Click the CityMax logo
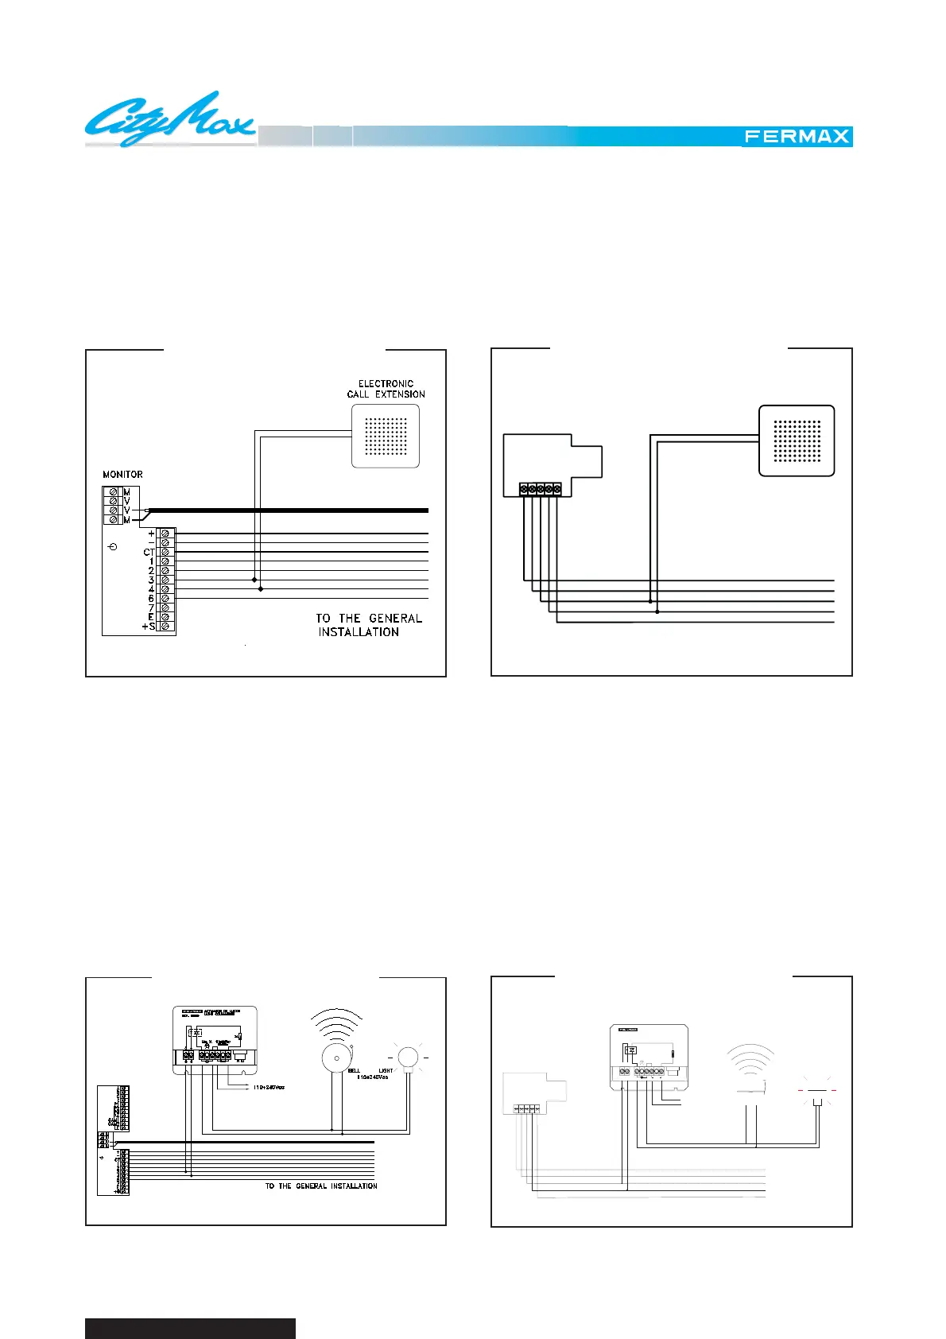[x=169, y=120]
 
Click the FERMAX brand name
[x=797, y=137]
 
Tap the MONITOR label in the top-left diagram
[x=122, y=475]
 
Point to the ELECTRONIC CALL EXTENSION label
[x=386, y=389]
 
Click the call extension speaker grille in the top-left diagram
[x=386, y=437]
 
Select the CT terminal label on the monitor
[x=149, y=552]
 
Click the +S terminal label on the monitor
[x=149, y=627]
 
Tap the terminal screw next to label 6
[x=165, y=599]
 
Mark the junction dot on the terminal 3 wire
[x=254, y=580]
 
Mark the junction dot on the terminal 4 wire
[x=261, y=589]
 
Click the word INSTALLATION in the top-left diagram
[x=359, y=632]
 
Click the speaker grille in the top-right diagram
[x=797, y=441]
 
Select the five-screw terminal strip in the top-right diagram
[x=541, y=489]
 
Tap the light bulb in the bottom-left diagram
[x=408, y=1057]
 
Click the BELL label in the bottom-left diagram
[x=354, y=1071]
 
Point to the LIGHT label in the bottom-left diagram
[x=386, y=1071]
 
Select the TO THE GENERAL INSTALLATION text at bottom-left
[x=321, y=1186]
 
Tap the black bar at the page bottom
[x=190, y=1328]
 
